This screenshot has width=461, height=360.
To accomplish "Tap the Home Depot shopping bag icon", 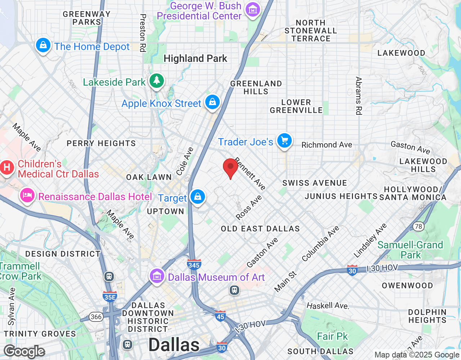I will [43, 45].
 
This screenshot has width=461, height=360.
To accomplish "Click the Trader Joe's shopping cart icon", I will [285, 141].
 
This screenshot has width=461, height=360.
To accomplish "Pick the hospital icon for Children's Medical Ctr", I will [7, 167].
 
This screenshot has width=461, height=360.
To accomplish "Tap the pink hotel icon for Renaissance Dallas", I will [27, 195].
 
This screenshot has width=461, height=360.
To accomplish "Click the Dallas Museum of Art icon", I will [157, 276].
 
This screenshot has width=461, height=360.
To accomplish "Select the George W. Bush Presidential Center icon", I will [253, 10].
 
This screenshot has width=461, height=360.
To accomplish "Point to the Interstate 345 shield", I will [194, 265].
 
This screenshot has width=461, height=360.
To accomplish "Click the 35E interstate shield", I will [109, 296].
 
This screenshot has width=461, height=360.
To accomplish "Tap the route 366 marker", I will [96, 317].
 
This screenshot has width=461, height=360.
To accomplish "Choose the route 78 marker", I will [418, 226].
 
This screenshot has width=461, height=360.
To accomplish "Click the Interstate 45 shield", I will [220, 316].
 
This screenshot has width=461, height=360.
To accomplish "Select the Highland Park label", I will [195, 58].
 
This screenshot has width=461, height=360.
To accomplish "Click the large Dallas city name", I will [174, 345].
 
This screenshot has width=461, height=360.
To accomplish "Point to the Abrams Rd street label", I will [358, 96].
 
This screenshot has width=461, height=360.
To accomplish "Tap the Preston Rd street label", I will [143, 33].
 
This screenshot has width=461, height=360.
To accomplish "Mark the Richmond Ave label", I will [327, 145].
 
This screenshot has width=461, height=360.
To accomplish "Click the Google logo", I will [24, 351].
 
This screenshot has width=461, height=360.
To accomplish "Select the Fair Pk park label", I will [332, 336].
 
